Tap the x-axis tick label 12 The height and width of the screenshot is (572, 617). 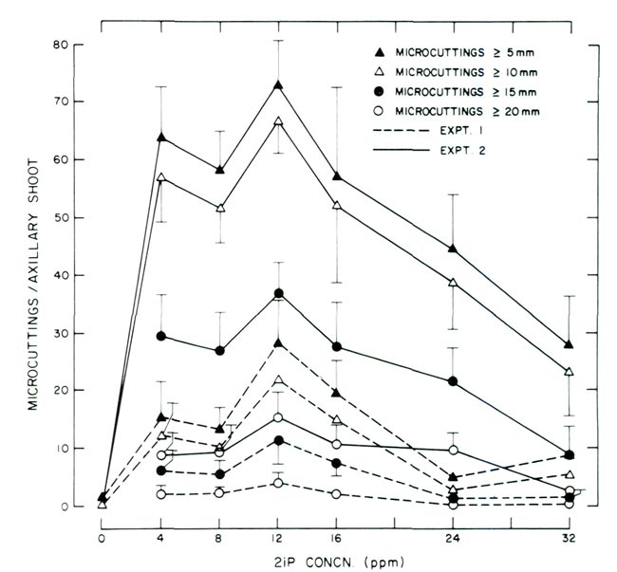coord(278,534)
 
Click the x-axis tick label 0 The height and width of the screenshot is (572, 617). coord(102,534)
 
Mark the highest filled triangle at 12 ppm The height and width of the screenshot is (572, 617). coord(278,85)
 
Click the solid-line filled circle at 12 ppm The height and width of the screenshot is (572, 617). coord(278,293)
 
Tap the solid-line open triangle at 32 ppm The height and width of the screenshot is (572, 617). coord(569,372)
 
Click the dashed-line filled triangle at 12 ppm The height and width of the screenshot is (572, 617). coord(278,343)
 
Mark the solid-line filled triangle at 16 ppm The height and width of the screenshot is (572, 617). coord(337,176)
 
